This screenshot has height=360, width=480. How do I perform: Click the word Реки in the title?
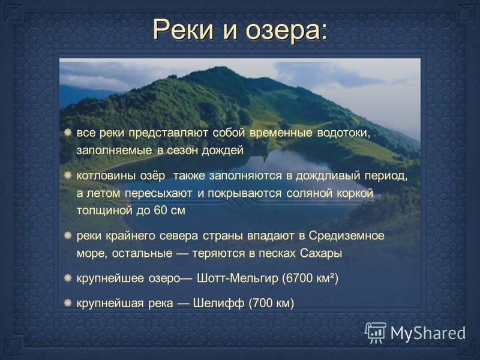(x=184, y=29)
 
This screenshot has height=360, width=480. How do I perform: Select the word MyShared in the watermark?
(x=428, y=333)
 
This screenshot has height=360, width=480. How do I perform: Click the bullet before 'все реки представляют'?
(x=68, y=133)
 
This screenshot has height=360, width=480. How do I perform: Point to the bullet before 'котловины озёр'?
(x=68, y=175)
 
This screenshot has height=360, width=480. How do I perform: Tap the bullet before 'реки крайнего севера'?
(x=68, y=235)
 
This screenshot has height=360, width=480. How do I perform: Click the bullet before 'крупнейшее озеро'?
(x=68, y=278)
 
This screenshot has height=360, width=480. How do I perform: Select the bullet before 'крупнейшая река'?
(x=68, y=303)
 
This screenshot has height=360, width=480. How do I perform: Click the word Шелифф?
(x=218, y=303)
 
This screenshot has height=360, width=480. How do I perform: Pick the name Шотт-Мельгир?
(x=238, y=278)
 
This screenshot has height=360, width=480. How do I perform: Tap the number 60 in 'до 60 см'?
(x=160, y=211)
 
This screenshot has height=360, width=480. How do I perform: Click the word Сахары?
(x=321, y=254)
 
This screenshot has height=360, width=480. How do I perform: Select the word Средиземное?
(x=346, y=236)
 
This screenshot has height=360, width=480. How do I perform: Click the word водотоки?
(x=343, y=133)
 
